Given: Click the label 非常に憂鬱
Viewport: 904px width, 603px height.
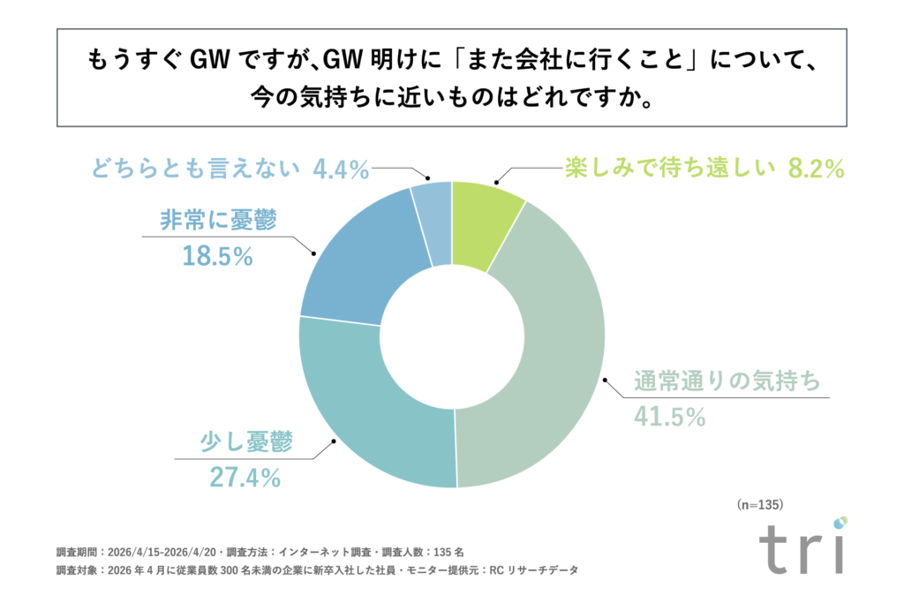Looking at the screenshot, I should pos(218,221).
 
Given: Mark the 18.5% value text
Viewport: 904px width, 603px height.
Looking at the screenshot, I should pos(218,257).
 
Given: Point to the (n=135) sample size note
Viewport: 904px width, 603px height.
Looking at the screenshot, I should pos(759,505).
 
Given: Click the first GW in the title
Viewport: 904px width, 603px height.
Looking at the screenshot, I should pos(211,63).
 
